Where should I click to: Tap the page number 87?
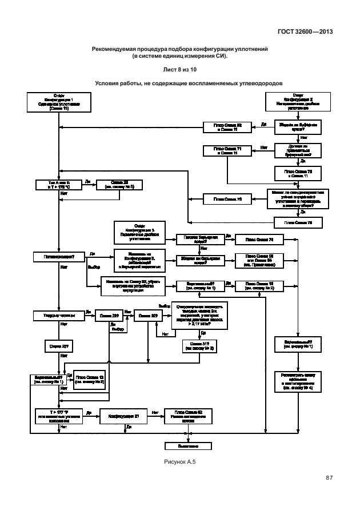pos(329,477)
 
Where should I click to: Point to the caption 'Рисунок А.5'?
pos(180,461)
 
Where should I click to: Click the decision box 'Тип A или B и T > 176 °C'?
pos(59,184)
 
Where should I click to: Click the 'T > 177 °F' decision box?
pos(59,415)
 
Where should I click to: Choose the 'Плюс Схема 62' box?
pos(187,415)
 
